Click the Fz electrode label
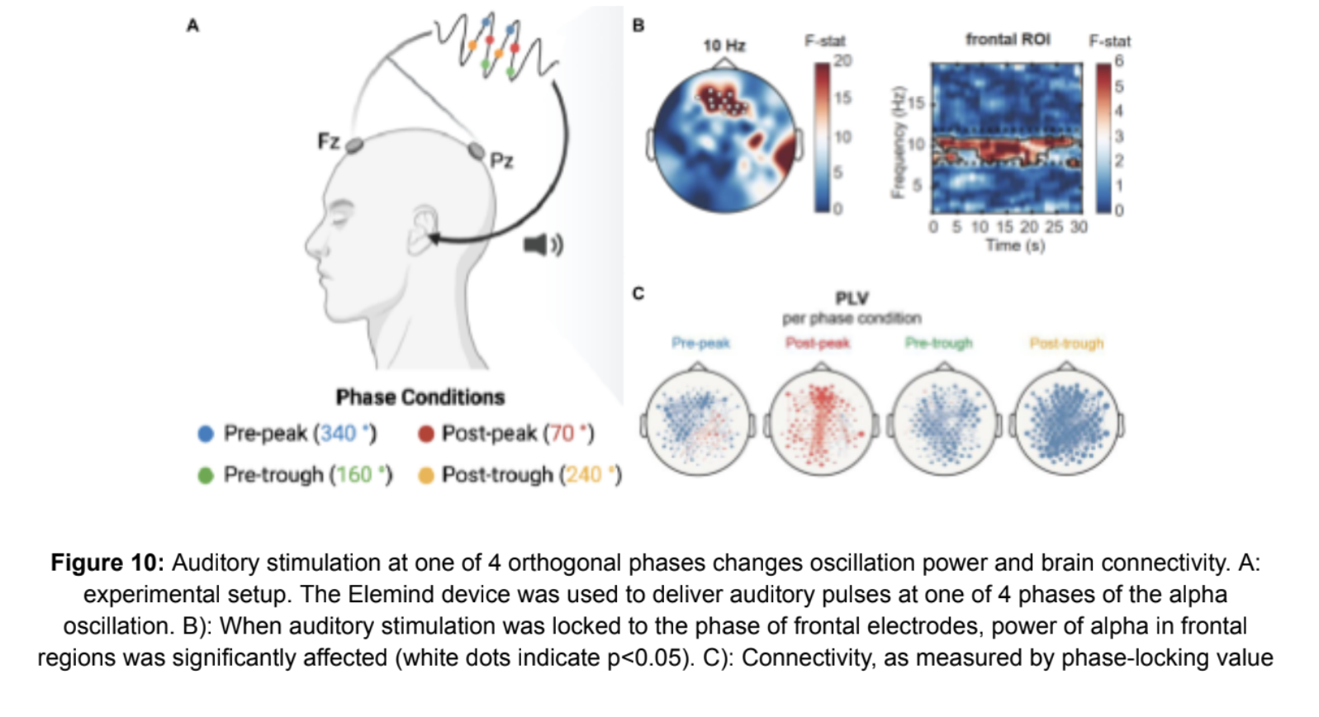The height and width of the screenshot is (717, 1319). click(x=328, y=141)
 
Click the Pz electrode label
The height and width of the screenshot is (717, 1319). click(x=501, y=159)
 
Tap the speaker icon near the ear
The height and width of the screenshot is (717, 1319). click(x=543, y=245)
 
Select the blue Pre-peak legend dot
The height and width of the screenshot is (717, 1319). click(x=206, y=434)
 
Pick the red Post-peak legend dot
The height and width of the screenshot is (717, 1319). click(x=426, y=434)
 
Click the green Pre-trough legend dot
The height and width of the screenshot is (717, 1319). click(x=206, y=475)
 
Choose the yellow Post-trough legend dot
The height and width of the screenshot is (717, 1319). click(x=426, y=475)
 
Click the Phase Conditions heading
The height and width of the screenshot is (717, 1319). click(x=420, y=397)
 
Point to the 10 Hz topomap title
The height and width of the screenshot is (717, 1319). click(x=724, y=45)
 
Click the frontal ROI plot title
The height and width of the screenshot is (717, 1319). click(x=1008, y=40)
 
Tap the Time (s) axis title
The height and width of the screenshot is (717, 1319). click(x=1014, y=245)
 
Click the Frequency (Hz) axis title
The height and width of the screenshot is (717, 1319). click(x=898, y=142)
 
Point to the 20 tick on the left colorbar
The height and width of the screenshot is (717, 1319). click(x=842, y=61)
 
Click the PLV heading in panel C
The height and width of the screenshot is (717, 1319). click(x=852, y=298)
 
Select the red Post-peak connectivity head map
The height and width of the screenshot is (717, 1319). click(x=820, y=424)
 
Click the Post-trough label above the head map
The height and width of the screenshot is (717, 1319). click(x=1066, y=343)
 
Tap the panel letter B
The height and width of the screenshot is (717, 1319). click(x=638, y=26)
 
